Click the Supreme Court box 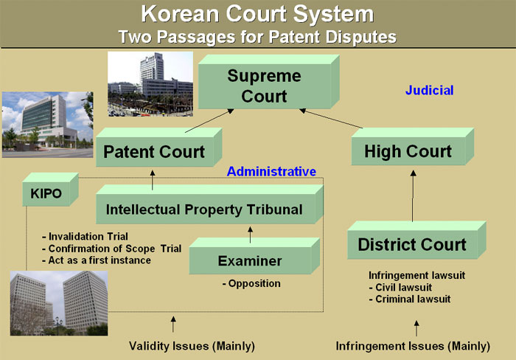(268, 82)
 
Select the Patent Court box (159, 148)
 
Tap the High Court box (413, 147)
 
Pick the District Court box (416, 240)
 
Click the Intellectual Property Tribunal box (209, 204)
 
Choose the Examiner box (254, 256)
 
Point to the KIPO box (50, 190)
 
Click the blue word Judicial (430, 90)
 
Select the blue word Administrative (271, 172)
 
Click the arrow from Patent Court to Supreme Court (209, 120)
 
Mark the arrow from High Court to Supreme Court (331, 118)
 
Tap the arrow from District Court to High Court (413, 195)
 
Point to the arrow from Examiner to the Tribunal (250, 235)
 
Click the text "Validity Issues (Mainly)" (192, 346)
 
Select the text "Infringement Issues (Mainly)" (413, 346)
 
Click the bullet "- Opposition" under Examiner (251, 283)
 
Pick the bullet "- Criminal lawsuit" (410, 299)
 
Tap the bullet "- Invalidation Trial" (85, 237)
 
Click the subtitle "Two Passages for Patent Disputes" (257, 37)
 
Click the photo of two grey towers (59, 303)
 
